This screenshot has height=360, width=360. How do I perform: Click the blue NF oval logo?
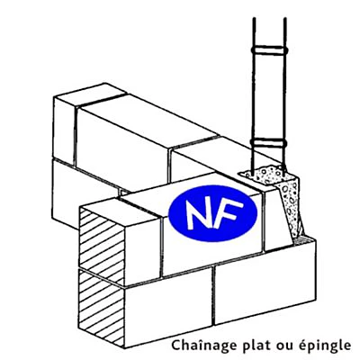coord(212,213)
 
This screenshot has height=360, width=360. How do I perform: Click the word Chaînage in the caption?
coord(204,345)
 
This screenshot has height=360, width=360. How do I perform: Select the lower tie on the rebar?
coord(268,142)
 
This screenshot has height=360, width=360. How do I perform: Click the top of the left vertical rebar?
coord(254,19)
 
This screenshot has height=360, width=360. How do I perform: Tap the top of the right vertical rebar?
coord(284,19)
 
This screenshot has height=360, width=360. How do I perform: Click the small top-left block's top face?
coord(89,94)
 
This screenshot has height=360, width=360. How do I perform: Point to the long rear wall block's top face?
coord(147,120)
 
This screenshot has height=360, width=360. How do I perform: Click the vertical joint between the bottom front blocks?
coord(213,296)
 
